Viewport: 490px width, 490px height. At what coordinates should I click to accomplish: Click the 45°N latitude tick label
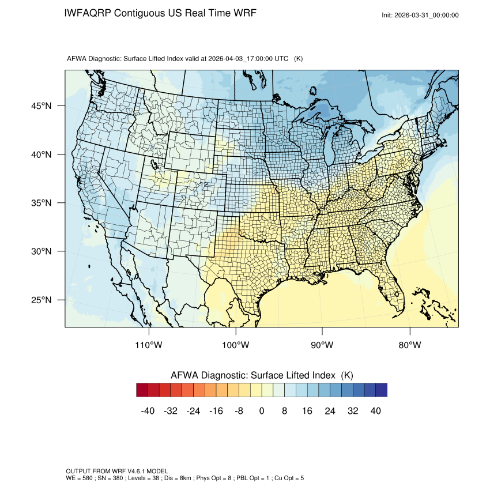(41, 105)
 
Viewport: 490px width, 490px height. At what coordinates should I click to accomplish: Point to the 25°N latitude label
(41, 300)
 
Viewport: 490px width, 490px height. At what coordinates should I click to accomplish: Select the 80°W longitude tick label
(409, 345)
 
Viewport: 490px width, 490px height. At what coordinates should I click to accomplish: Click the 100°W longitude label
(235, 345)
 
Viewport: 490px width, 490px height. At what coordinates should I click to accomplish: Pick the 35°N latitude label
(41, 203)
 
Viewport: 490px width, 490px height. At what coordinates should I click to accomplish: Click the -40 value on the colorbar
(148, 411)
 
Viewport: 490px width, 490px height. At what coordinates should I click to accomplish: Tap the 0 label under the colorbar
(262, 411)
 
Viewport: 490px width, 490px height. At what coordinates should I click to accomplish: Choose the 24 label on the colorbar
(330, 411)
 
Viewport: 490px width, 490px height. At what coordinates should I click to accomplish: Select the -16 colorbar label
(216, 411)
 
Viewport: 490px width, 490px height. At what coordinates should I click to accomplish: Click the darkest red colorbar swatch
(142, 390)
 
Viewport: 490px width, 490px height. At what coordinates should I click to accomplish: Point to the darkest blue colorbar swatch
(381, 390)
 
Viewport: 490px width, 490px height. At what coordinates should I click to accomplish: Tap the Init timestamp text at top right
(420, 16)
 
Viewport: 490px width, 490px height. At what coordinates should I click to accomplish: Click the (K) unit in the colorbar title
(347, 375)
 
